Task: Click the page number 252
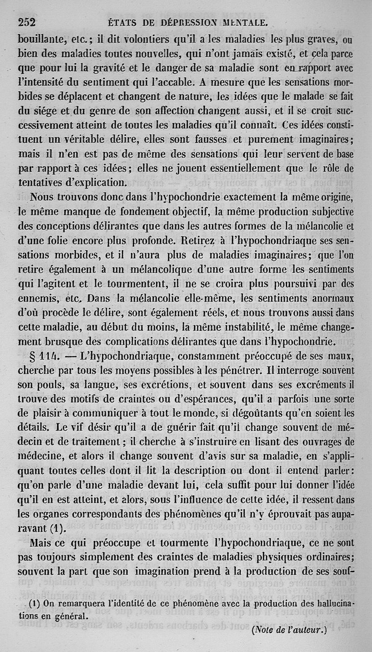tap(27, 22)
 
